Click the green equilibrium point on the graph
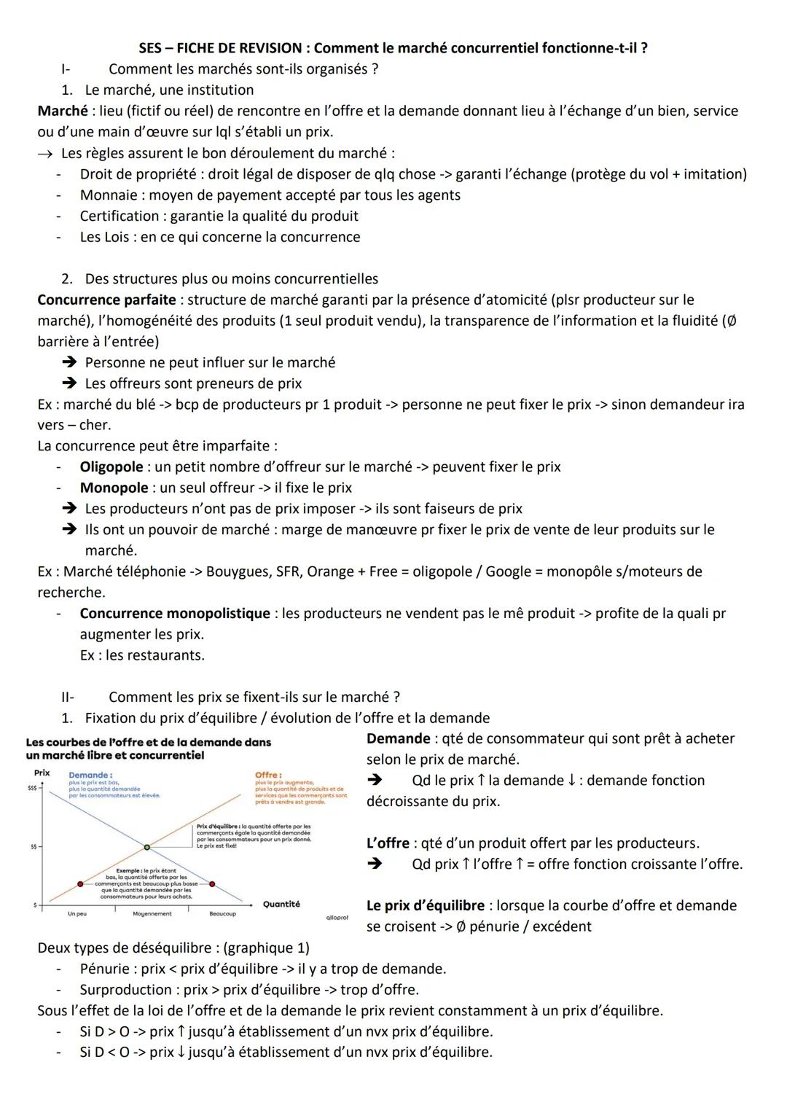coord(147,847)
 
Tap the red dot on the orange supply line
coord(80,883)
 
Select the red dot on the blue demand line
coord(213,883)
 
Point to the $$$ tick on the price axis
coord(32,788)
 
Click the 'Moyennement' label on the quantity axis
coord(152,914)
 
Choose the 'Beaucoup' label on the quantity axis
coord(222,914)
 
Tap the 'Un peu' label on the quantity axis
coord(77,914)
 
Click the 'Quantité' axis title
coord(281,904)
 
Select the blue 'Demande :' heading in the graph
coord(90,775)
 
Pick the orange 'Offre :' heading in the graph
coord(268,775)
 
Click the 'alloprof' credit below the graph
coord(336,917)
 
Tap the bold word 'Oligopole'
coord(111,466)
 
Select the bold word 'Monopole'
coord(114,488)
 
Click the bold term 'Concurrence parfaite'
coord(106,300)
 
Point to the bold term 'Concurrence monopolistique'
coord(175,613)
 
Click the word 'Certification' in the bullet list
coord(122,216)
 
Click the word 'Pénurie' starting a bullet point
coord(106,969)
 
